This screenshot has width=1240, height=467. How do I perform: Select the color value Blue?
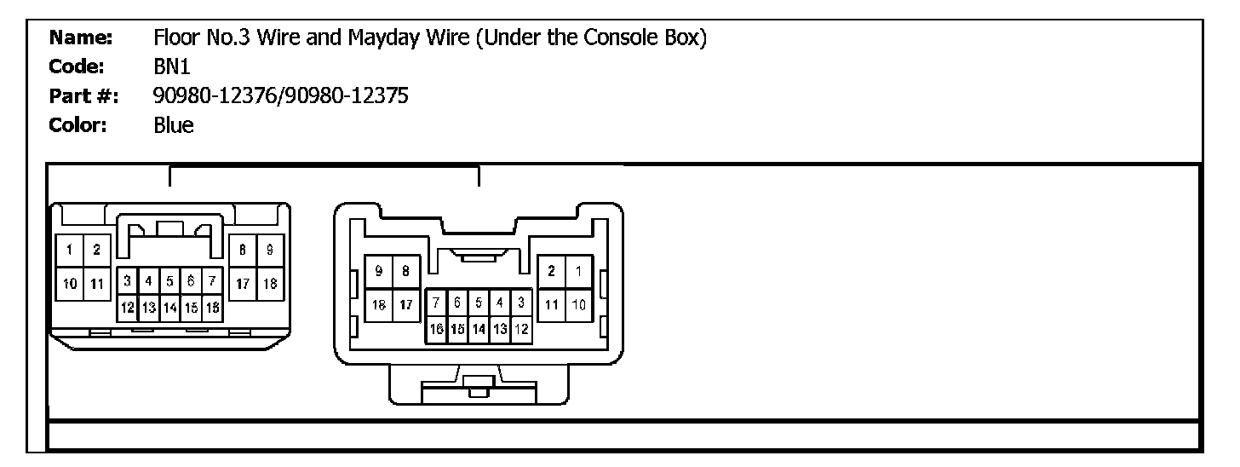coord(174,125)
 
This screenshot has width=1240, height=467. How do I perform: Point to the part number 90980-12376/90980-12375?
coord(281,96)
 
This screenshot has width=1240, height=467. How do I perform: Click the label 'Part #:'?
coord(83,96)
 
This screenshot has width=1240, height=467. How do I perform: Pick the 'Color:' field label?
coord(77,125)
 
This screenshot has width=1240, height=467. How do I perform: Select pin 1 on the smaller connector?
coord(69,250)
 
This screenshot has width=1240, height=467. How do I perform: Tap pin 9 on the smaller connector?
coord(269,250)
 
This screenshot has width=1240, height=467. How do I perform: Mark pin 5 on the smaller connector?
coord(169,280)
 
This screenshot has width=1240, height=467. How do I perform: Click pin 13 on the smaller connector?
coord(148,307)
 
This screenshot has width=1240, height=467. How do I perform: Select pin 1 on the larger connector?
coord(578,272)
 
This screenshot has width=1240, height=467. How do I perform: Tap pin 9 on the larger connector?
coord(379,272)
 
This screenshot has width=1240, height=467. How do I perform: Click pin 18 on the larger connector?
coord(379,304)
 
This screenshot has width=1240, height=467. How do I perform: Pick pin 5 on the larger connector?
coord(479,302)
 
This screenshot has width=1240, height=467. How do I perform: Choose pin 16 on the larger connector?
coord(435,328)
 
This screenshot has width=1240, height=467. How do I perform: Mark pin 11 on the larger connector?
coord(552,304)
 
